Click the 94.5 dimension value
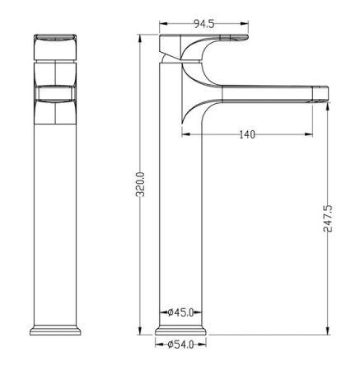click(x=203, y=24)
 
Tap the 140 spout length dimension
click(x=247, y=134)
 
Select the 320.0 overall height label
click(x=141, y=185)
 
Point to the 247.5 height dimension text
click(x=328, y=218)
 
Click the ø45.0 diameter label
click(x=180, y=312)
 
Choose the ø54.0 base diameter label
click(x=180, y=345)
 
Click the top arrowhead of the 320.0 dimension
click(x=140, y=38)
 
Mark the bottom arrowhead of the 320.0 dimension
click(x=140, y=331)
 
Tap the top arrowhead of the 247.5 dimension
click(x=327, y=106)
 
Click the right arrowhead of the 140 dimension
click(x=309, y=134)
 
